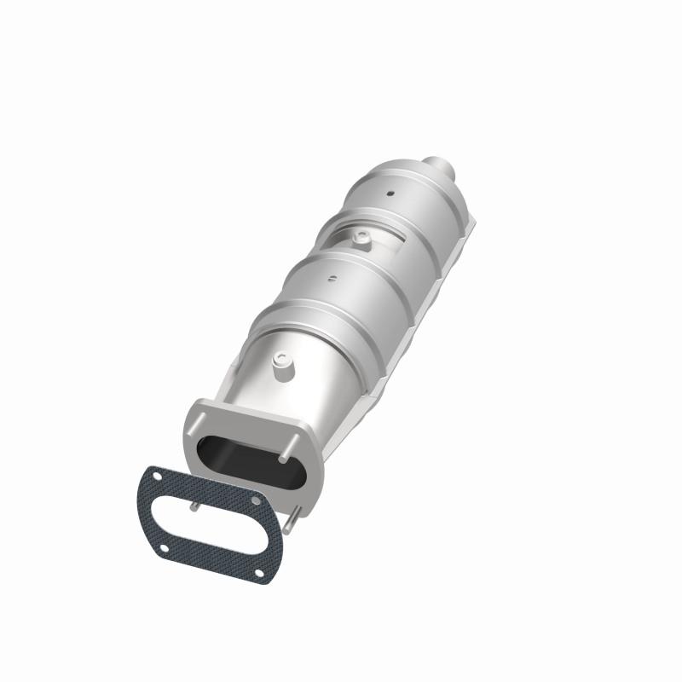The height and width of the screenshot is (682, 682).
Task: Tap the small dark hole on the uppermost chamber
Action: pos(390,193)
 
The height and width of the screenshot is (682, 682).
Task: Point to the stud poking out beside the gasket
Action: pos(293,517)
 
